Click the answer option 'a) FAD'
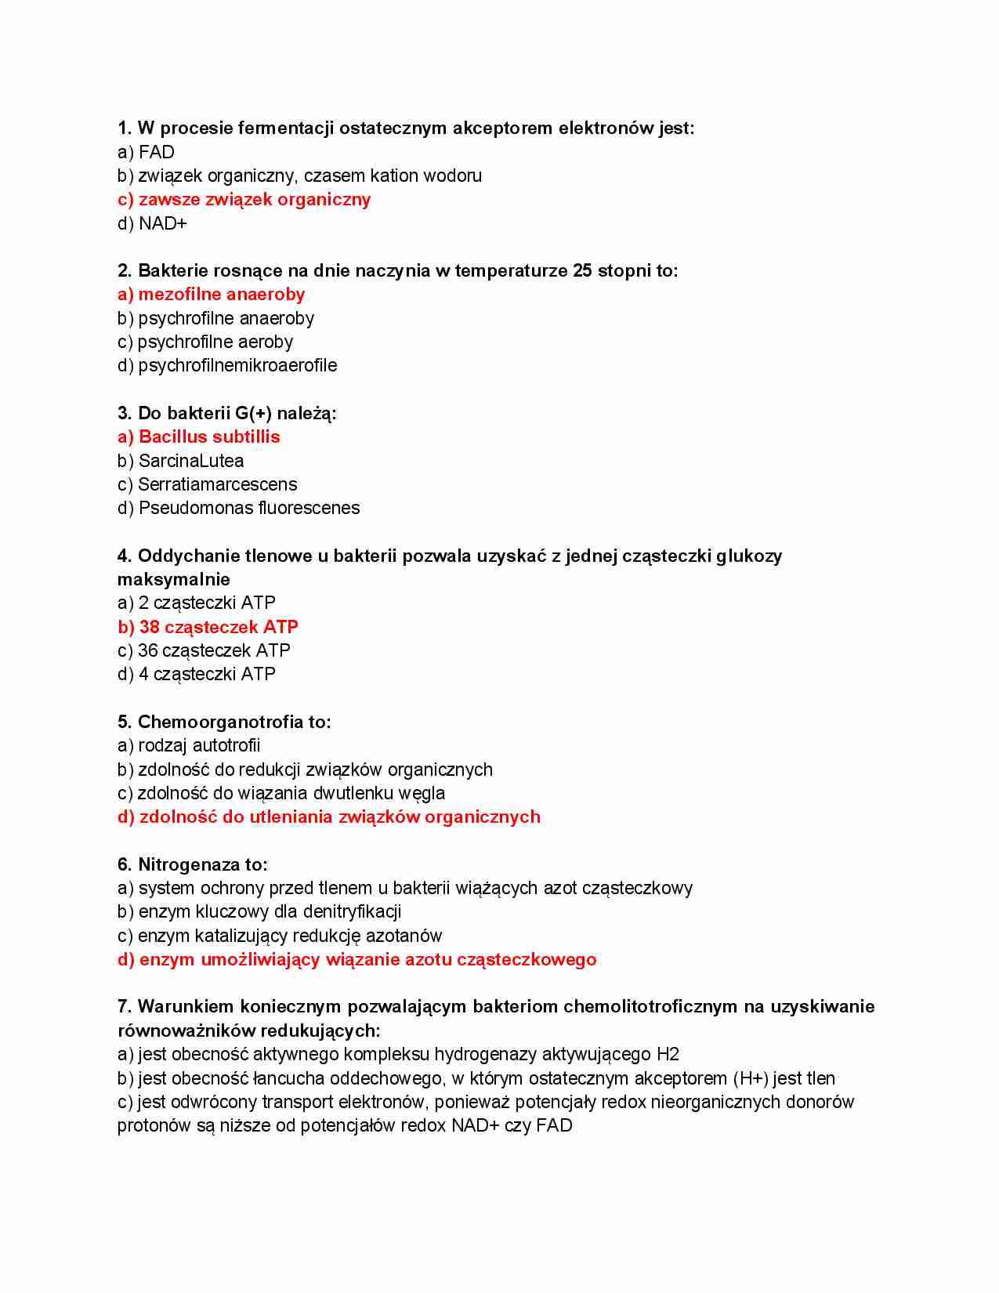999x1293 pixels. pyautogui.click(x=146, y=152)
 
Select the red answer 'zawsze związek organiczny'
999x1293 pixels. pyautogui.click(x=254, y=200)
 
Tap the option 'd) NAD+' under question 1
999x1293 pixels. pyautogui.click(x=152, y=224)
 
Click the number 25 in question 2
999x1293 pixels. pyautogui.click(x=582, y=271)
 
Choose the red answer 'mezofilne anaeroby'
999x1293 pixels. pyautogui.click(x=221, y=295)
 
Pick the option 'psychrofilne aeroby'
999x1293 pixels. pyautogui.click(x=215, y=342)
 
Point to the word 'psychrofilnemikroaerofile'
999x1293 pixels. pyautogui.click(x=237, y=366)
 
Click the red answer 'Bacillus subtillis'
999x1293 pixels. pyautogui.click(x=208, y=437)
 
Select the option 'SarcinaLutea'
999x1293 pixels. pyautogui.click(x=190, y=461)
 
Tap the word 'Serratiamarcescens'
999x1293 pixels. pyautogui.click(x=217, y=485)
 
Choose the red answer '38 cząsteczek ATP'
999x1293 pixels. pyautogui.click(x=218, y=628)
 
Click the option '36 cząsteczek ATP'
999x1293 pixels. pyautogui.click(x=213, y=651)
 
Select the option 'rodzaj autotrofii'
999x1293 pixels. pyautogui.click(x=198, y=746)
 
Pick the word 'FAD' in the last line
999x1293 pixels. pyautogui.click(x=554, y=1126)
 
